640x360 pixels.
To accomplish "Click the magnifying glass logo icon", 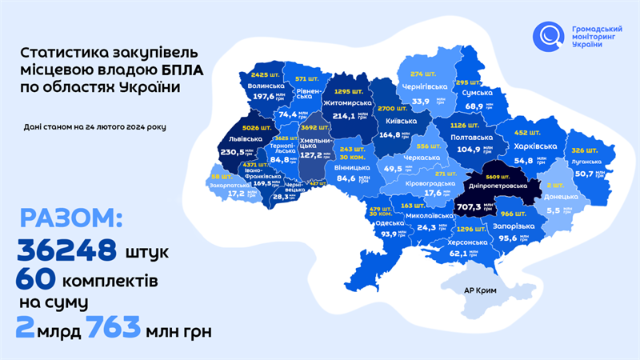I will pyautogui.click(x=549, y=36).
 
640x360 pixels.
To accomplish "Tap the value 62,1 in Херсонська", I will pyautogui.click(x=458, y=254).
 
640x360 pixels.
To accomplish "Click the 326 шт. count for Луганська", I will pyautogui.click(x=562, y=150).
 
